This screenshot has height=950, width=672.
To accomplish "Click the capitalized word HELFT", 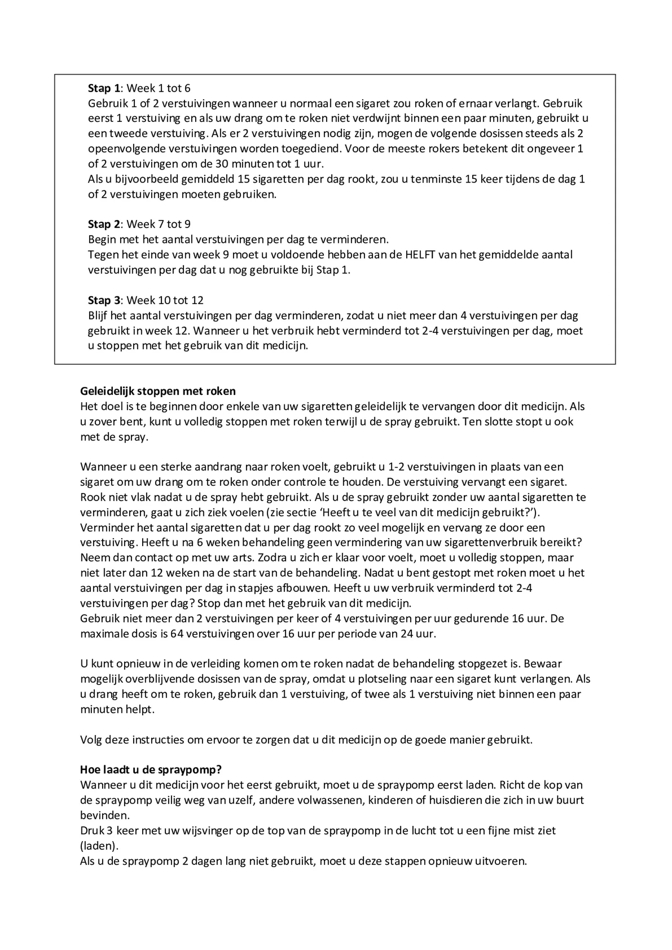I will point(420,255).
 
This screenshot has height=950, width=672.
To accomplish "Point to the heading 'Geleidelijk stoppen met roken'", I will point(158,391).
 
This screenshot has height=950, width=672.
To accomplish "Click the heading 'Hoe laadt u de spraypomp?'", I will point(151,770).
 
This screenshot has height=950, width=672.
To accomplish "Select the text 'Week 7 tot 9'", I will point(159,224).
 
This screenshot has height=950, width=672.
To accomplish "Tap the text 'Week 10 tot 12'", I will point(165,300).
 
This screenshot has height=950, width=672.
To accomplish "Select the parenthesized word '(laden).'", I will point(99,846).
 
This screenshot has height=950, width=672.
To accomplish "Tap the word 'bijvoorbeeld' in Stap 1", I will point(147,179).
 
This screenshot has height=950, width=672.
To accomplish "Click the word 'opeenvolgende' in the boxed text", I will point(121,149).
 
